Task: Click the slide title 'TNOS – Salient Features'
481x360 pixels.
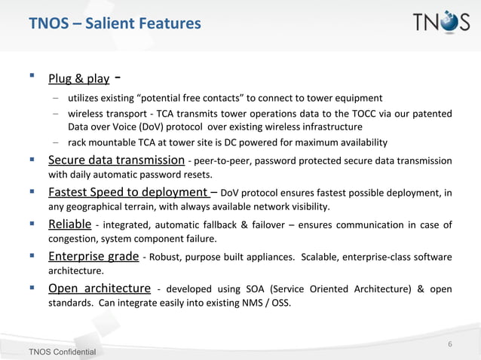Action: coord(115,24)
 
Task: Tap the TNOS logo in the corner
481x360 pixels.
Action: coord(440,23)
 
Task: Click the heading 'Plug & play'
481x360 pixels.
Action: coord(78,78)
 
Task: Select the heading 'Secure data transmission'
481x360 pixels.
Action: coord(116,160)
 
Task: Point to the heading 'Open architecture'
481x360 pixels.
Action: coord(99,289)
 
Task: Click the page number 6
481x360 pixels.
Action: coord(450,345)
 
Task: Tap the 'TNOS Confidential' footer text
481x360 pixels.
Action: coord(63,352)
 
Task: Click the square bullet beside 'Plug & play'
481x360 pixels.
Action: coord(31,77)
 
